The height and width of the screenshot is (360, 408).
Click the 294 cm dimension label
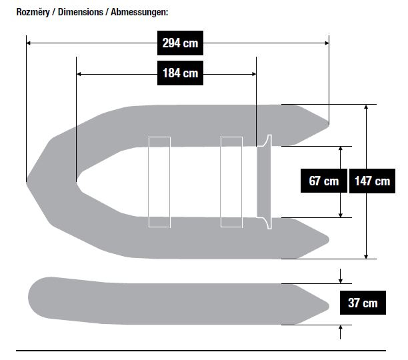[180, 43]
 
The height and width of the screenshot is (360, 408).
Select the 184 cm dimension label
[180, 73]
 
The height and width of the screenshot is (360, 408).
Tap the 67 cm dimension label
[324, 181]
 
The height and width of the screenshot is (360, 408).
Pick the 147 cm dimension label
[372, 181]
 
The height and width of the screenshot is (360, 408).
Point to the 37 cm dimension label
[363, 303]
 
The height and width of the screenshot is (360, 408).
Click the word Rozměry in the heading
[33, 12]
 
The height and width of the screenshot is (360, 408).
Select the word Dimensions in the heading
[81, 12]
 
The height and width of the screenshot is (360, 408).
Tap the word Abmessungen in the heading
[139, 12]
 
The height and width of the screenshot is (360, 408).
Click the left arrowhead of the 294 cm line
[29, 43]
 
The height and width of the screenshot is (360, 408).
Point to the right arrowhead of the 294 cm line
[327, 43]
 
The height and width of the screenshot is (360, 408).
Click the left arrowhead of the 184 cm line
[79, 74]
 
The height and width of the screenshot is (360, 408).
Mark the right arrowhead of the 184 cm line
[254, 74]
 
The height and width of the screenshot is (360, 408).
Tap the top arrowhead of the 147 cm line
[366, 107]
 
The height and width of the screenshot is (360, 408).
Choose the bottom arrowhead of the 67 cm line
[341, 215]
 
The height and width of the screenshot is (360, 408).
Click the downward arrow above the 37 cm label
[341, 276]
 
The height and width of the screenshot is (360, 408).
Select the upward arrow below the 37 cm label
[341, 332]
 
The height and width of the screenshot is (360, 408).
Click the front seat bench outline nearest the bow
[159, 182]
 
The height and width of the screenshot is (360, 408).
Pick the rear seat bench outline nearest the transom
[231, 182]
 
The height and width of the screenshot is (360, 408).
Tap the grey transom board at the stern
[264, 182]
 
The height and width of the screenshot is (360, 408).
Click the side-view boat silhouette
[179, 301]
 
